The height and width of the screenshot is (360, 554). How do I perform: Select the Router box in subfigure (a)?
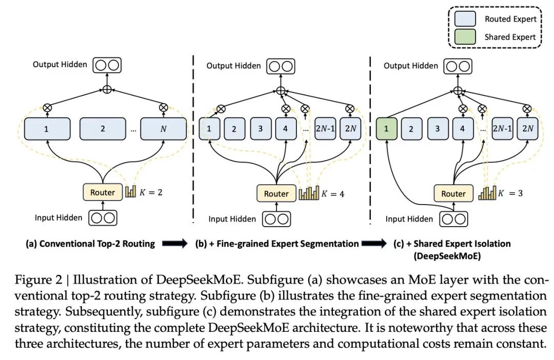[x=103, y=192]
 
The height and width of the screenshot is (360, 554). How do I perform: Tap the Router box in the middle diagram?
[x=276, y=194]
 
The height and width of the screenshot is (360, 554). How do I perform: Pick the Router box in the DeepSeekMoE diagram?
[x=453, y=194]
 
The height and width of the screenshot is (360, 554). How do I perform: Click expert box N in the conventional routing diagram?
[x=163, y=129]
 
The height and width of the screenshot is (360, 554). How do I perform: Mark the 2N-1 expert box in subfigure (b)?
[x=326, y=129]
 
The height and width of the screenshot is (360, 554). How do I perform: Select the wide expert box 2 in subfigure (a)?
[x=103, y=129]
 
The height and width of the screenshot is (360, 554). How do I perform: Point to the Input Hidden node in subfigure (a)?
[x=102, y=217]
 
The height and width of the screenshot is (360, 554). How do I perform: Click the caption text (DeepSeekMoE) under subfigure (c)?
[x=441, y=255]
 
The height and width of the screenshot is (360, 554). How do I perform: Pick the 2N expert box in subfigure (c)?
[x=527, y=129]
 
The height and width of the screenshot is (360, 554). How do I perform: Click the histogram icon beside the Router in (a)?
[x=131, y=193]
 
